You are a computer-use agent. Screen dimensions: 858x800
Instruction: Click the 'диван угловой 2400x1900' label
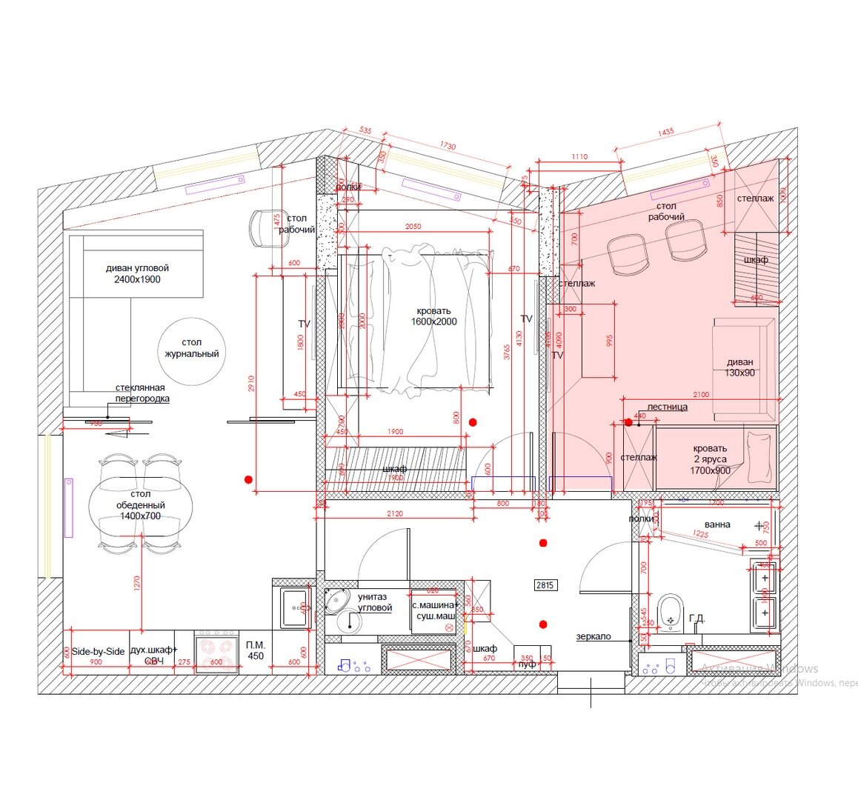click(x=137, y=273)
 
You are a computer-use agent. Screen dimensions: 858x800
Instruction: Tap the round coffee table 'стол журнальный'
click(x=191, y=348)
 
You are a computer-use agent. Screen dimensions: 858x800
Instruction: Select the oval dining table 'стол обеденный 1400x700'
click(x=140, y=505)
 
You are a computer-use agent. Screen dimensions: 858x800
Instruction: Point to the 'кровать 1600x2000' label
click(x=433, y=316)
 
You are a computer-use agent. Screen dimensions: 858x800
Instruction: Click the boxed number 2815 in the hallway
click(x=545, y=585)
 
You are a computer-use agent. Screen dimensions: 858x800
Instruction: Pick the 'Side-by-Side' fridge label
click(x=98, y=651)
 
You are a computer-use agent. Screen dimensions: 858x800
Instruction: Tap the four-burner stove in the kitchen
click(x=216, y=653)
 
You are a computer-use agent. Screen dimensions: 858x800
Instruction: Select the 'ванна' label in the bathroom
click(x=717, y=524)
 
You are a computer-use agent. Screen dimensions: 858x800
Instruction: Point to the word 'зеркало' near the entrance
click(x=593, y=636)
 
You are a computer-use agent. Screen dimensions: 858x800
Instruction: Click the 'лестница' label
click(x=667, y=407)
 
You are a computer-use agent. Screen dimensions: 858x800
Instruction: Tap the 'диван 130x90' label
click(x=740, y=367)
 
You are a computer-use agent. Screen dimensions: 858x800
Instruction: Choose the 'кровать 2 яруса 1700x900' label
click(x=710, y=459)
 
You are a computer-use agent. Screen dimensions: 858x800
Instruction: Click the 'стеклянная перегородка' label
click(x=142, y=393)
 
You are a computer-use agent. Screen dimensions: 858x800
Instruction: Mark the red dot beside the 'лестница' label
click(x=628, y=423)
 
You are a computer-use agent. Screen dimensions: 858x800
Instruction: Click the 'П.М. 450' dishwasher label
click(x=255, y=650)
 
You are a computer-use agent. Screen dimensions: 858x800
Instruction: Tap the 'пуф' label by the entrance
click(x=527, y=664)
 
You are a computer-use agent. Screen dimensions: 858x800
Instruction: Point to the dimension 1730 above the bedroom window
click(x=448, y=147)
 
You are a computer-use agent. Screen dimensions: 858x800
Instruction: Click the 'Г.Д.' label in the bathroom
click(x=696, y=618)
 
